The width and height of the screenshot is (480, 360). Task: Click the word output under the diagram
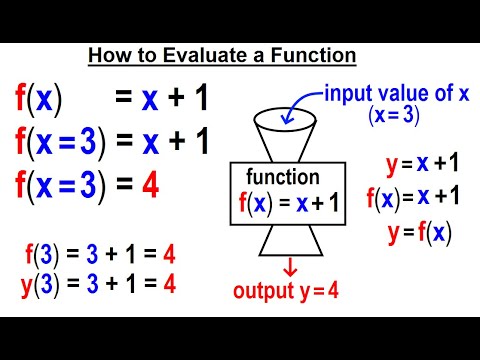pyautogui.click(x=263, y=292)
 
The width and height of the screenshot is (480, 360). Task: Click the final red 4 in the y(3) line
pyautogui.click(x=170, y=283)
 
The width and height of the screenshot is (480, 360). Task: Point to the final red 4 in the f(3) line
pyautogui.click(x=170, y=255)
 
